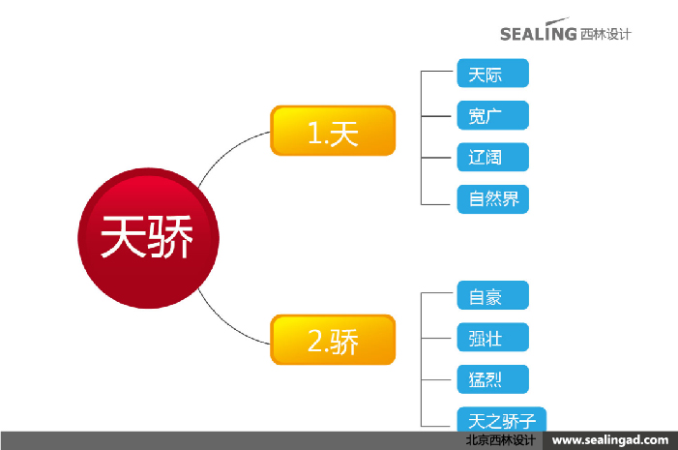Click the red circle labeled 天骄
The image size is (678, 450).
point(148,236)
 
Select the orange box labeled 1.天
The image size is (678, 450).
point(333,131)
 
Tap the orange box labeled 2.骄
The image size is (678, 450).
point(333,340)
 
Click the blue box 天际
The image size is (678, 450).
point(492,74)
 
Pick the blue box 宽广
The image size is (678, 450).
point(492,115)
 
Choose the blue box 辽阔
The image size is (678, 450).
point(492,157)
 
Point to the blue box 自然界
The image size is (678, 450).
point(492,198)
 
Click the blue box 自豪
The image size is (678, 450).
point(492,295)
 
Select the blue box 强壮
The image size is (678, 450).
point(492,337)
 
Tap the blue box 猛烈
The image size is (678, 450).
point(492,378)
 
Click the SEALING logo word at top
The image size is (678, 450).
point(538,34)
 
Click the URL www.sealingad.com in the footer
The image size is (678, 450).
point(609,440)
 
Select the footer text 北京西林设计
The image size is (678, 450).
point(500,440)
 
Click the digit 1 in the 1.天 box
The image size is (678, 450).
point(312,132)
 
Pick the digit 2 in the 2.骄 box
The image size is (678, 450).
point(313,341)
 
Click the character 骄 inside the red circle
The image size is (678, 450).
point(171,236)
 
